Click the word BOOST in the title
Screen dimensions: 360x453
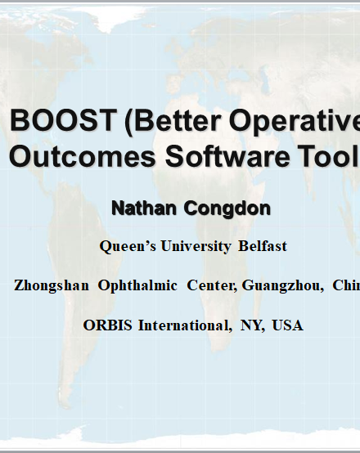coord(63,120)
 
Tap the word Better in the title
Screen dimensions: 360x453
coord(178,120)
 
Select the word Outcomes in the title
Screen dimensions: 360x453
coord(83,156)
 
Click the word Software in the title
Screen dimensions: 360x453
coord(227,156)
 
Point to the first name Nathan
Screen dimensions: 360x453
coord(144,208)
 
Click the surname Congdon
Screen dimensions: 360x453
coord(227,209)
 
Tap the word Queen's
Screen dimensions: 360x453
coord(128,247)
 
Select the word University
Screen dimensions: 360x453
coord(196,247)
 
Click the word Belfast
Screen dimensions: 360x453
coord(263,246)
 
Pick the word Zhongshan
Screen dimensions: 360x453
coord(52,285)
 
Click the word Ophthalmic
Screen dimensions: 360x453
coord(137,285)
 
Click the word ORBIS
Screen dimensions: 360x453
coord(107,325)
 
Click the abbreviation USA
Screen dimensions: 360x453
coord(287,325)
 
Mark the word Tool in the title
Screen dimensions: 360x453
coord(326,156)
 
